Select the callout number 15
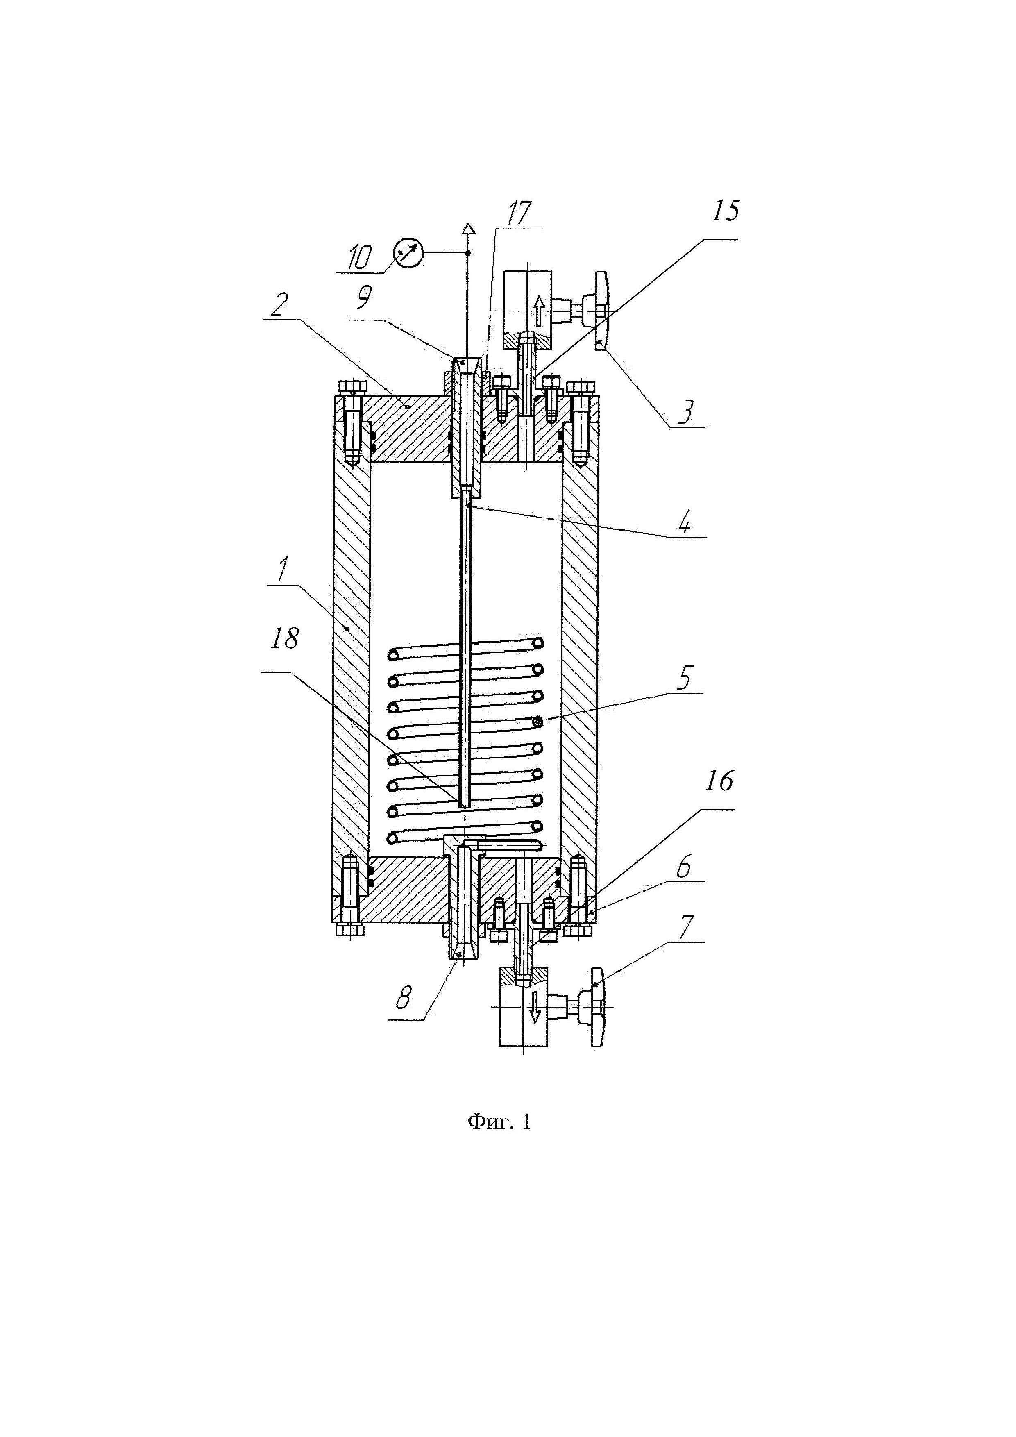click(724, 211)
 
